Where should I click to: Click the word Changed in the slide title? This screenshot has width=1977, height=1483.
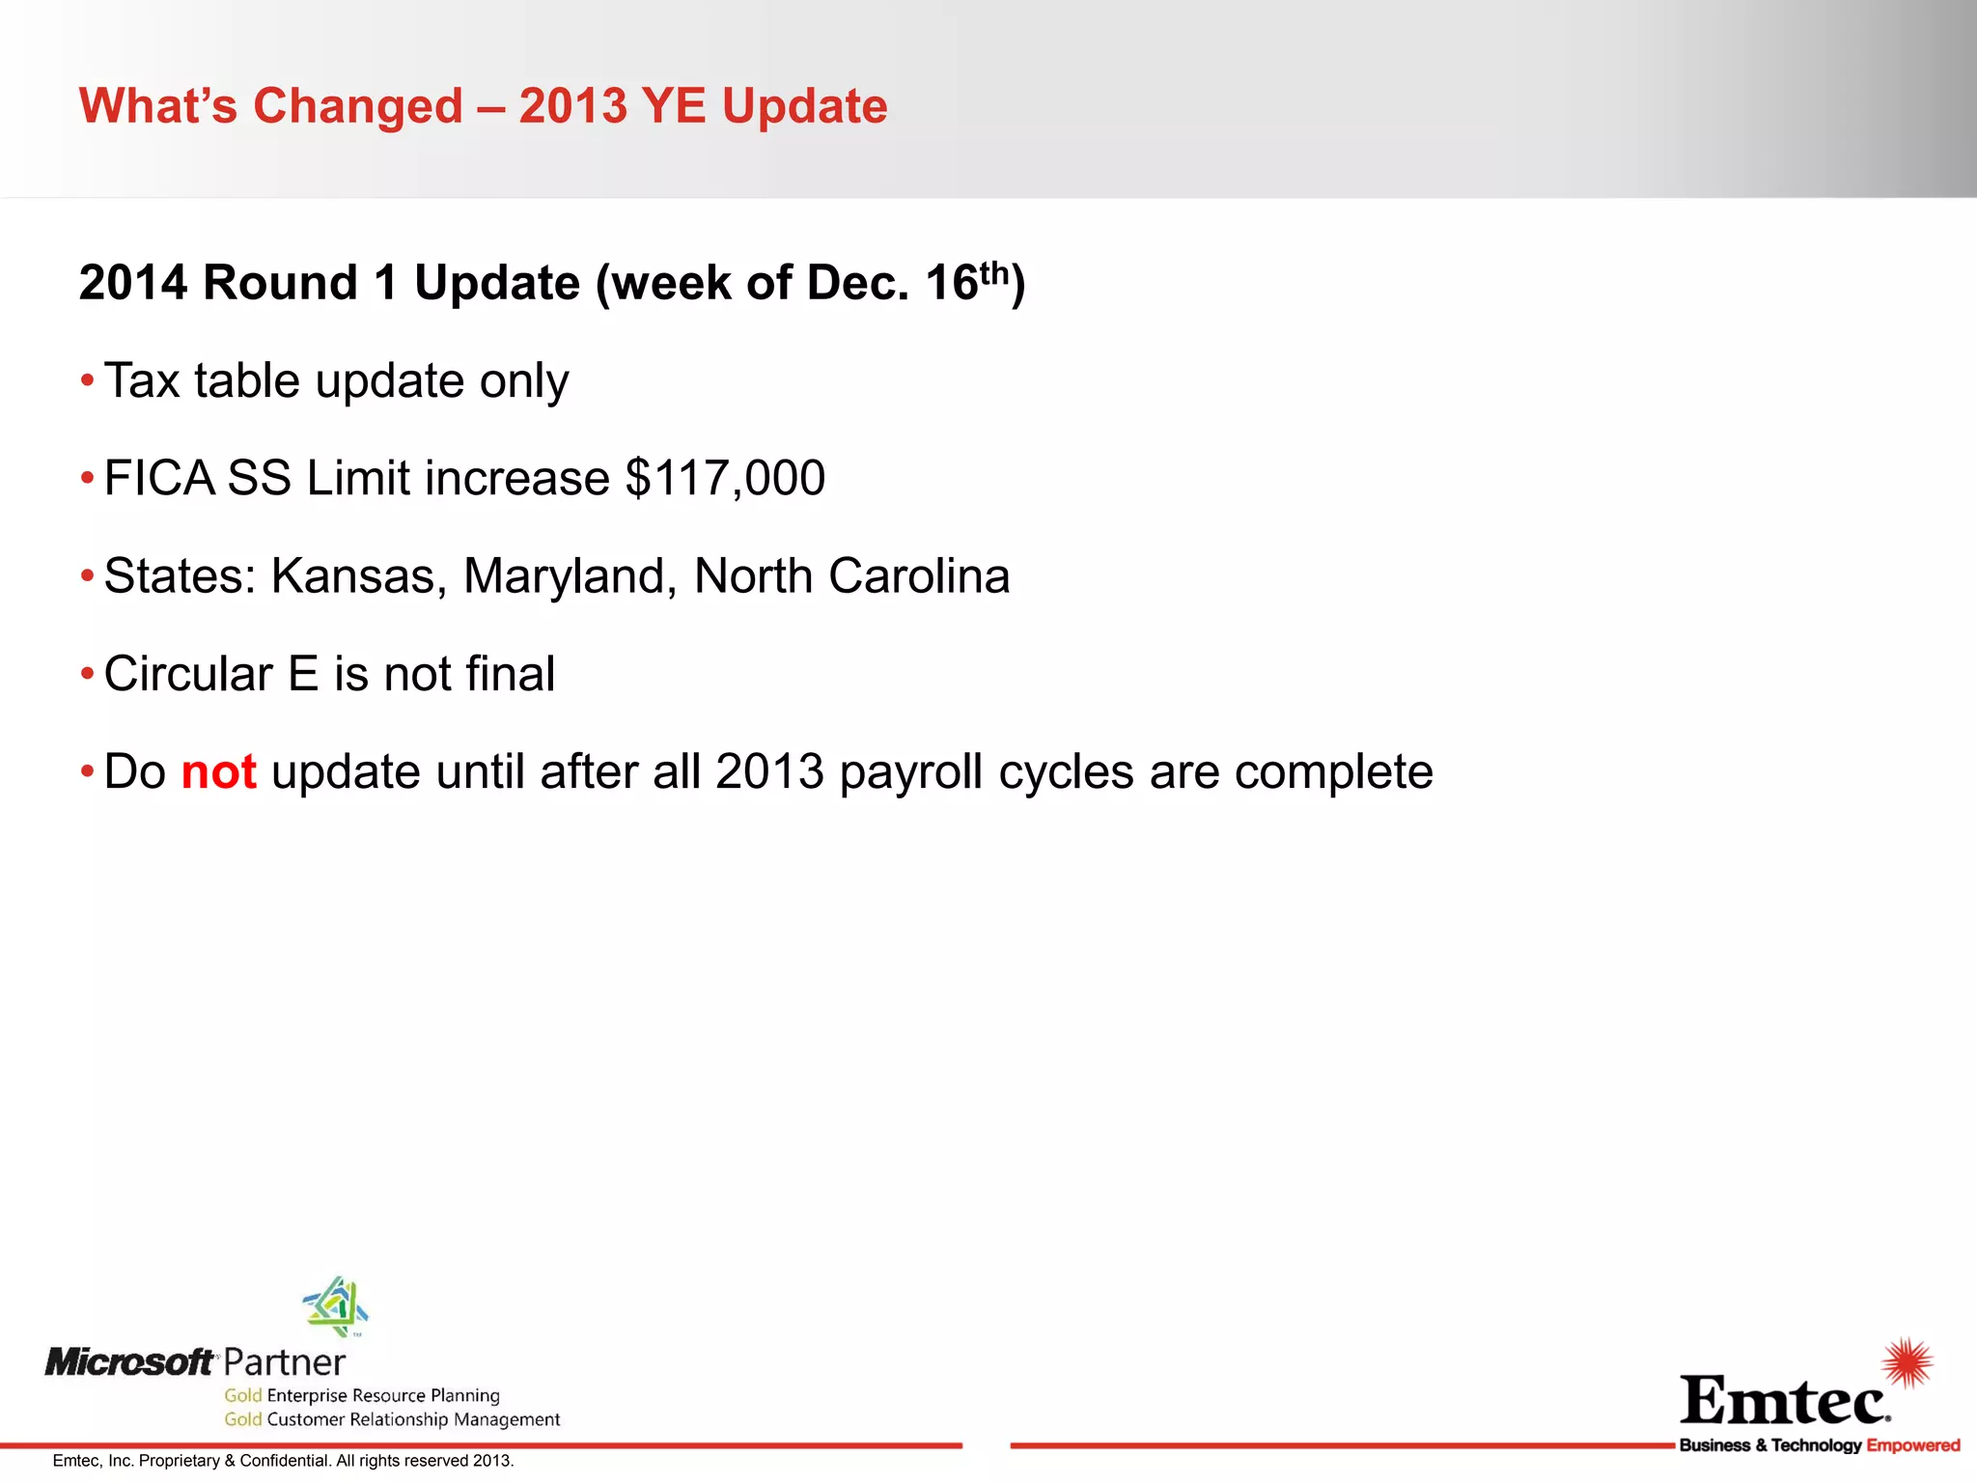coord(358,106)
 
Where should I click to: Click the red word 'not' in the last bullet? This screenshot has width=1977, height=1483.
coord(219,772)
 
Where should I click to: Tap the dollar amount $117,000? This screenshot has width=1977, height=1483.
coord(725,479)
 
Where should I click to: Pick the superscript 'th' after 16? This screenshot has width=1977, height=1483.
coord(994,273)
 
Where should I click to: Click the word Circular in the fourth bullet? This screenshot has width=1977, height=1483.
coord(188,674)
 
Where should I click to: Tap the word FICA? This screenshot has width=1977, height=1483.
coord(159,479)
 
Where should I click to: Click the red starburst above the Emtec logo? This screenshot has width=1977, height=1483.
coord(1907,1362)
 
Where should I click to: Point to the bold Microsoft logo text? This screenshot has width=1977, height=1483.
coord(129,1362)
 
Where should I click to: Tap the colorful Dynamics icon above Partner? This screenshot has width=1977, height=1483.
coord(336,1305)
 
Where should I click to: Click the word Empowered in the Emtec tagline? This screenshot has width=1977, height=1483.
coord(1913,1445)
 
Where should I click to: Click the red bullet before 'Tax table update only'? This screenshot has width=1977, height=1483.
coord(87,380)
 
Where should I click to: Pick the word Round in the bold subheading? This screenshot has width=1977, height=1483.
coord(280,284)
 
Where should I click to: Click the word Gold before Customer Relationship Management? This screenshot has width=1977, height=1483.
coord(243,1419)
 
